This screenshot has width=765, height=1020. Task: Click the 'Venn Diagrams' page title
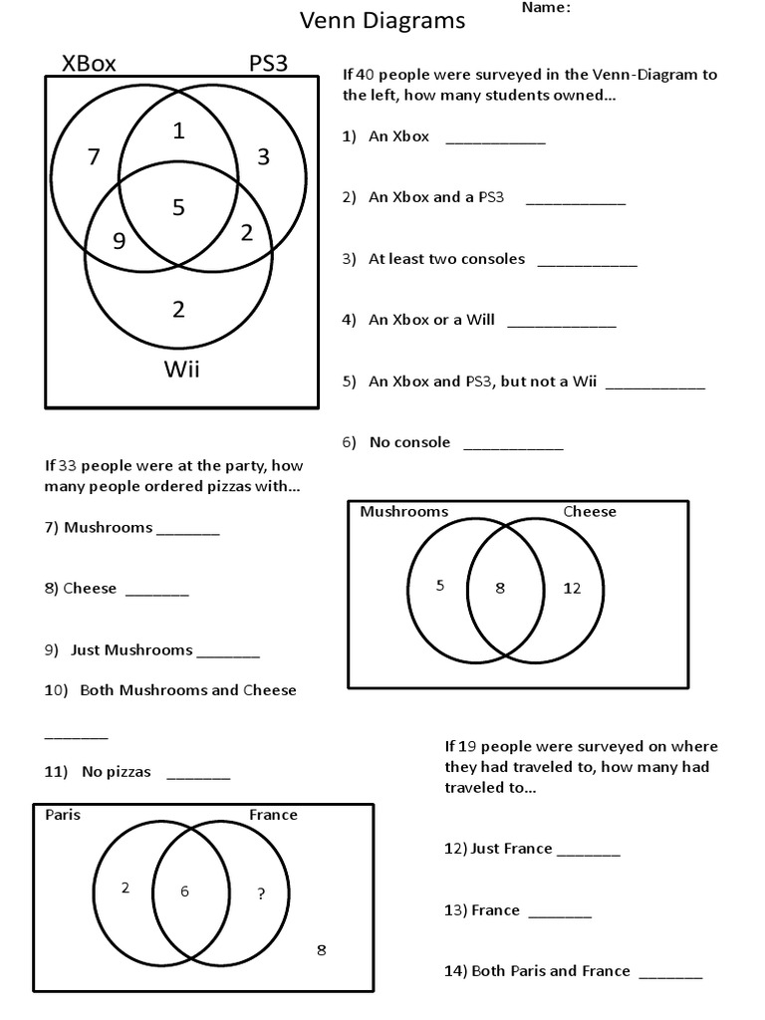(383, 21)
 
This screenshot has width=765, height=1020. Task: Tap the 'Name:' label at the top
(546, 8)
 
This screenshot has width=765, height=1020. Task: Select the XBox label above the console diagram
(89, 64)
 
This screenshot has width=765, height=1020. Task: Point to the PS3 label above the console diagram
(268, 64)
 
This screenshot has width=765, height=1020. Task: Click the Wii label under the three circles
(181, 370)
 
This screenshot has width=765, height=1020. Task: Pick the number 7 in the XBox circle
(94, 156)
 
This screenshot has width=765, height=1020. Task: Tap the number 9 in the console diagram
(119, 239)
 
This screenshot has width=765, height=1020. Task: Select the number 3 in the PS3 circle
(263, 156)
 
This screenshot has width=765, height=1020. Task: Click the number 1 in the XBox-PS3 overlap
(178, 129)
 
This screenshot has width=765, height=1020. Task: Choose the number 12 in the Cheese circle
(572, 588)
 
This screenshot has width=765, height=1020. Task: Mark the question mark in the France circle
(261, 893)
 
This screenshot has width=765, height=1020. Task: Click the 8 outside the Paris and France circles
(321, 949)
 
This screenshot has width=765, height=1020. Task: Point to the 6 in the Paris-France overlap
(184, 892)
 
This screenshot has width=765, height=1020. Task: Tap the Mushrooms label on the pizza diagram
(403, 511)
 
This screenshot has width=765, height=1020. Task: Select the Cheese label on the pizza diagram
(590, 511)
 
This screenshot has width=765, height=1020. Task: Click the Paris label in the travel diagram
(63, 814)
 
